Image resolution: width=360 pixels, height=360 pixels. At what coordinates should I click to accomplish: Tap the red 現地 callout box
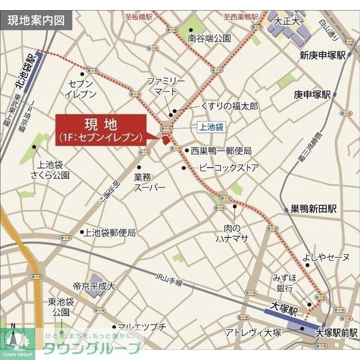(x=100, y=130)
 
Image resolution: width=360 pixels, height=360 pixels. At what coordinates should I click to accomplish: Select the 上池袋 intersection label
(x=211, y=128)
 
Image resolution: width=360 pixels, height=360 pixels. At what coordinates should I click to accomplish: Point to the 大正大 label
(x=286, y=21)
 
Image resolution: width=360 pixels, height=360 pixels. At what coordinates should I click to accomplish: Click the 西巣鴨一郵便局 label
(x=220, y=151)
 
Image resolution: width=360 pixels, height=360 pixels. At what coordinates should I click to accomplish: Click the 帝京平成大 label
(x=94, y=286)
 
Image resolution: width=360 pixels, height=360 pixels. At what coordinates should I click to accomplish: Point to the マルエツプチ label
(x=142, y=327)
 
